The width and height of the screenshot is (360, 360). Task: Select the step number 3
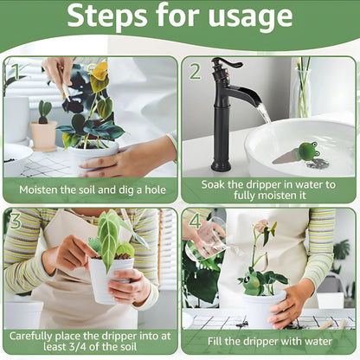coord(15,222)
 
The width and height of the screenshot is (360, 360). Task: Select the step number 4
coord(195,222)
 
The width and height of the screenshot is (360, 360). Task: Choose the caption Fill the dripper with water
coord(268,341)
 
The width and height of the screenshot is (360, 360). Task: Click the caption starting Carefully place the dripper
coord(90,341)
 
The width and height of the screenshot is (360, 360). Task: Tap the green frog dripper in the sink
coord(305,152)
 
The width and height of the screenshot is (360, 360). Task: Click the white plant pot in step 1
coord(91,157)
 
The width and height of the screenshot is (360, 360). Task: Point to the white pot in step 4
coord(261,308)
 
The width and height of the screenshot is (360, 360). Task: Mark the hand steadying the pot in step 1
coord(134,159)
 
